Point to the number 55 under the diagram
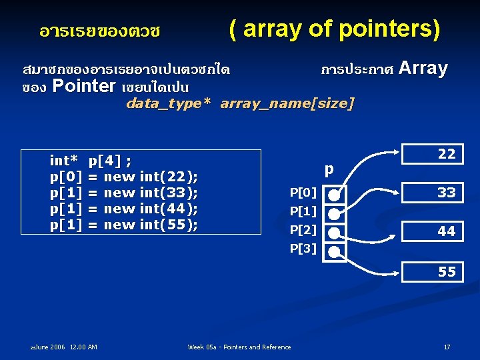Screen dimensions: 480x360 click(x=447, y=271)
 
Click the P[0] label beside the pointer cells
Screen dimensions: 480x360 click(x=303, y=193)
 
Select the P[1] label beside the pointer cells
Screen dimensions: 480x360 click(x=303, y=212)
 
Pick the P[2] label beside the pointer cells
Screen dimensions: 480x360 click(x=303, y=231)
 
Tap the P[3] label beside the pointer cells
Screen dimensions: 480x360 click(x=303, y=249)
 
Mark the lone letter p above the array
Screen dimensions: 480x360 click(x=329, y=169)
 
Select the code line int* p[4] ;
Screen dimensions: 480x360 click(x=91, y=160)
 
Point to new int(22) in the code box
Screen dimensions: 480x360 click(x=151, y=176)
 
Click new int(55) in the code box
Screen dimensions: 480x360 click(x=151, y=225)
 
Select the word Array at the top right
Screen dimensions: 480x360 click(x=425, y=68)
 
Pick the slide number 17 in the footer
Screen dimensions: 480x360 click(x=447, y=347)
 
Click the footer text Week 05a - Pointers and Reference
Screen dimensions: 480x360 click(x=239, y=347)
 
